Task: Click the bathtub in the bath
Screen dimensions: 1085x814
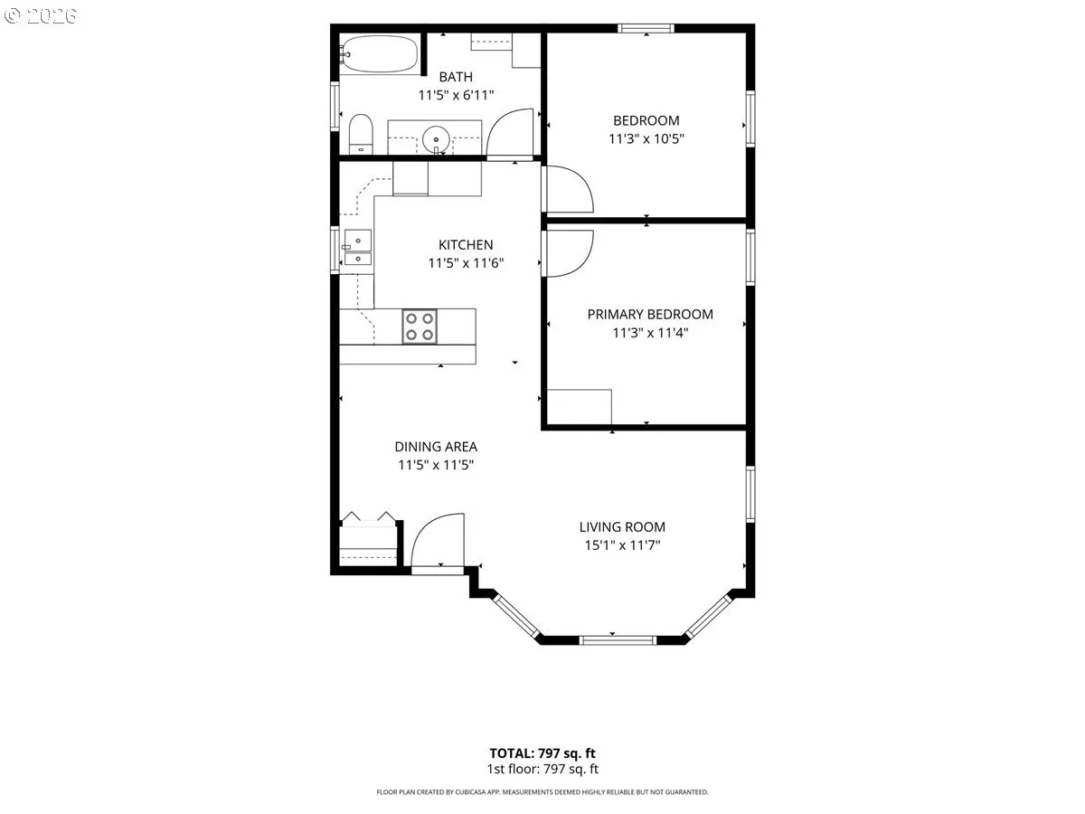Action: [x=379, y=53]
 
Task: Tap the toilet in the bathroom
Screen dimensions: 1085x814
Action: [x=361, y=135]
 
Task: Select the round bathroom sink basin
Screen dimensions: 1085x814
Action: [x=436, y=140]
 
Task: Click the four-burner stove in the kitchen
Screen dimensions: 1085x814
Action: [x=420, y=327]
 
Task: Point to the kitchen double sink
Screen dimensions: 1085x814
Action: [x=357, y=248]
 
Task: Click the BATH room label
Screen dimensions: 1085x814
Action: [x=456, y=77]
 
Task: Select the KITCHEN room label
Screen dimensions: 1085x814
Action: [x=466, y=244]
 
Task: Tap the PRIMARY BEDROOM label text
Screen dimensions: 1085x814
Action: [x=650, y=315]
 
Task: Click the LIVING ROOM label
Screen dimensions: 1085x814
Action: [x=622, y=527]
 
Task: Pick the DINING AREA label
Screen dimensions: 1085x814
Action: [x=436, y=447]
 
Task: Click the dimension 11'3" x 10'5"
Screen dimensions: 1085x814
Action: [x=646, y=139]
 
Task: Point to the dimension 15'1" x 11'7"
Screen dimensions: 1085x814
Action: [x=622, y=545]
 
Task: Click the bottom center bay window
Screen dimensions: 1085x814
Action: [x=618, y=640]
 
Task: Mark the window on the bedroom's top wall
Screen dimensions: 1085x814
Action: [x=646, y=28]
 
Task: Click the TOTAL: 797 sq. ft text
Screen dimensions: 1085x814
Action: [x=542, y=753]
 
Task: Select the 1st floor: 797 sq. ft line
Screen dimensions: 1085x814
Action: [x=542, y=769]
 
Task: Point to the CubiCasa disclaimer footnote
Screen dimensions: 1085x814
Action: [x=542, y=792]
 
